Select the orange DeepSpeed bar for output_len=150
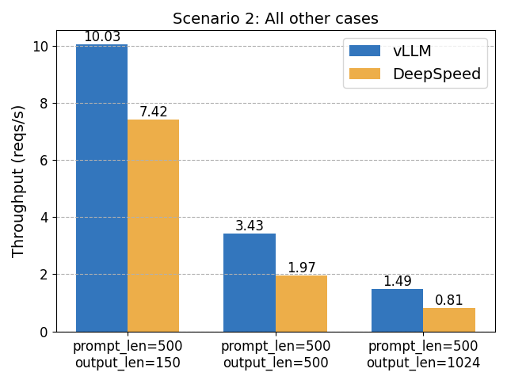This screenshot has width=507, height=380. tap(154, 226)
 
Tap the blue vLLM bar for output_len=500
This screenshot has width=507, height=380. tap(250, 283)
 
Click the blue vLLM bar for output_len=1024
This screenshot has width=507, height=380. tap(397, 310)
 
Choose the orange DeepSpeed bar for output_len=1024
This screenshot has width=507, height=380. tap(449, 320)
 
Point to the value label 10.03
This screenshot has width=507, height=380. tap(101, 37)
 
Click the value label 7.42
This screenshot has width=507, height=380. tap(154, 112)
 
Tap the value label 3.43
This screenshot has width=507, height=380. tap(250, 226)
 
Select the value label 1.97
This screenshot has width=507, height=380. tap(301, 268)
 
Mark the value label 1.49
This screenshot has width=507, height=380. tap(397, 281)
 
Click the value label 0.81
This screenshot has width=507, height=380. tap(449, 301)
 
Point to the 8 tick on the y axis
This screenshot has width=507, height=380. tap(44, 103)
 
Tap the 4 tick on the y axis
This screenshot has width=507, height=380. tap(44, 218)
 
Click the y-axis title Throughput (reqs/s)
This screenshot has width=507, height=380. tap(18, 180)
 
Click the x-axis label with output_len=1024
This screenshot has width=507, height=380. tap(423, 355)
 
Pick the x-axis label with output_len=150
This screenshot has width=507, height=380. tap(128, 355)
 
